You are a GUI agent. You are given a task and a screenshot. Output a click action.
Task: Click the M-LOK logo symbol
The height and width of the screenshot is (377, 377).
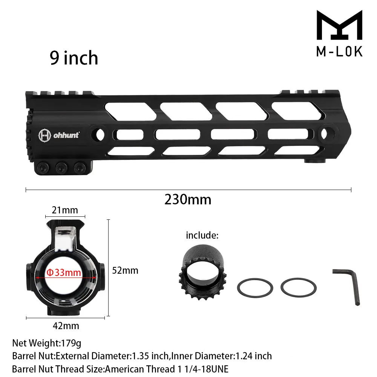coord(339,25)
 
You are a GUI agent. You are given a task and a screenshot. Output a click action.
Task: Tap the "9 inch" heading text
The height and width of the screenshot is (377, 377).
coord(74,58)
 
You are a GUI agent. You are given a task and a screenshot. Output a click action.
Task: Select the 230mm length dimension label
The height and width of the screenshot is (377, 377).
coord(188,199)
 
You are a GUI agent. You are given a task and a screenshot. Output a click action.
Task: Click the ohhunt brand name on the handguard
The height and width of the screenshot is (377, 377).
coord(66,135)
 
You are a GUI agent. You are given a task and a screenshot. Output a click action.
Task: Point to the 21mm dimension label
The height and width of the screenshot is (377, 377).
coord(65,210)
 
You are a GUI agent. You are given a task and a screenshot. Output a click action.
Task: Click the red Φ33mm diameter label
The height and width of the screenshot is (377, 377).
coord(64,273)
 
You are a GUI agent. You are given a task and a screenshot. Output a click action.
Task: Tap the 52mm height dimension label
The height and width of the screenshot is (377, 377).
coord(125,271)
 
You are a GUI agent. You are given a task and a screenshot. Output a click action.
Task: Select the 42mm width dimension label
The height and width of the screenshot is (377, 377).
coord(66,326)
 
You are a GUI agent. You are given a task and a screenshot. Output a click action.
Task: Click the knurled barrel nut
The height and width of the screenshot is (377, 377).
coord(203,272)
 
